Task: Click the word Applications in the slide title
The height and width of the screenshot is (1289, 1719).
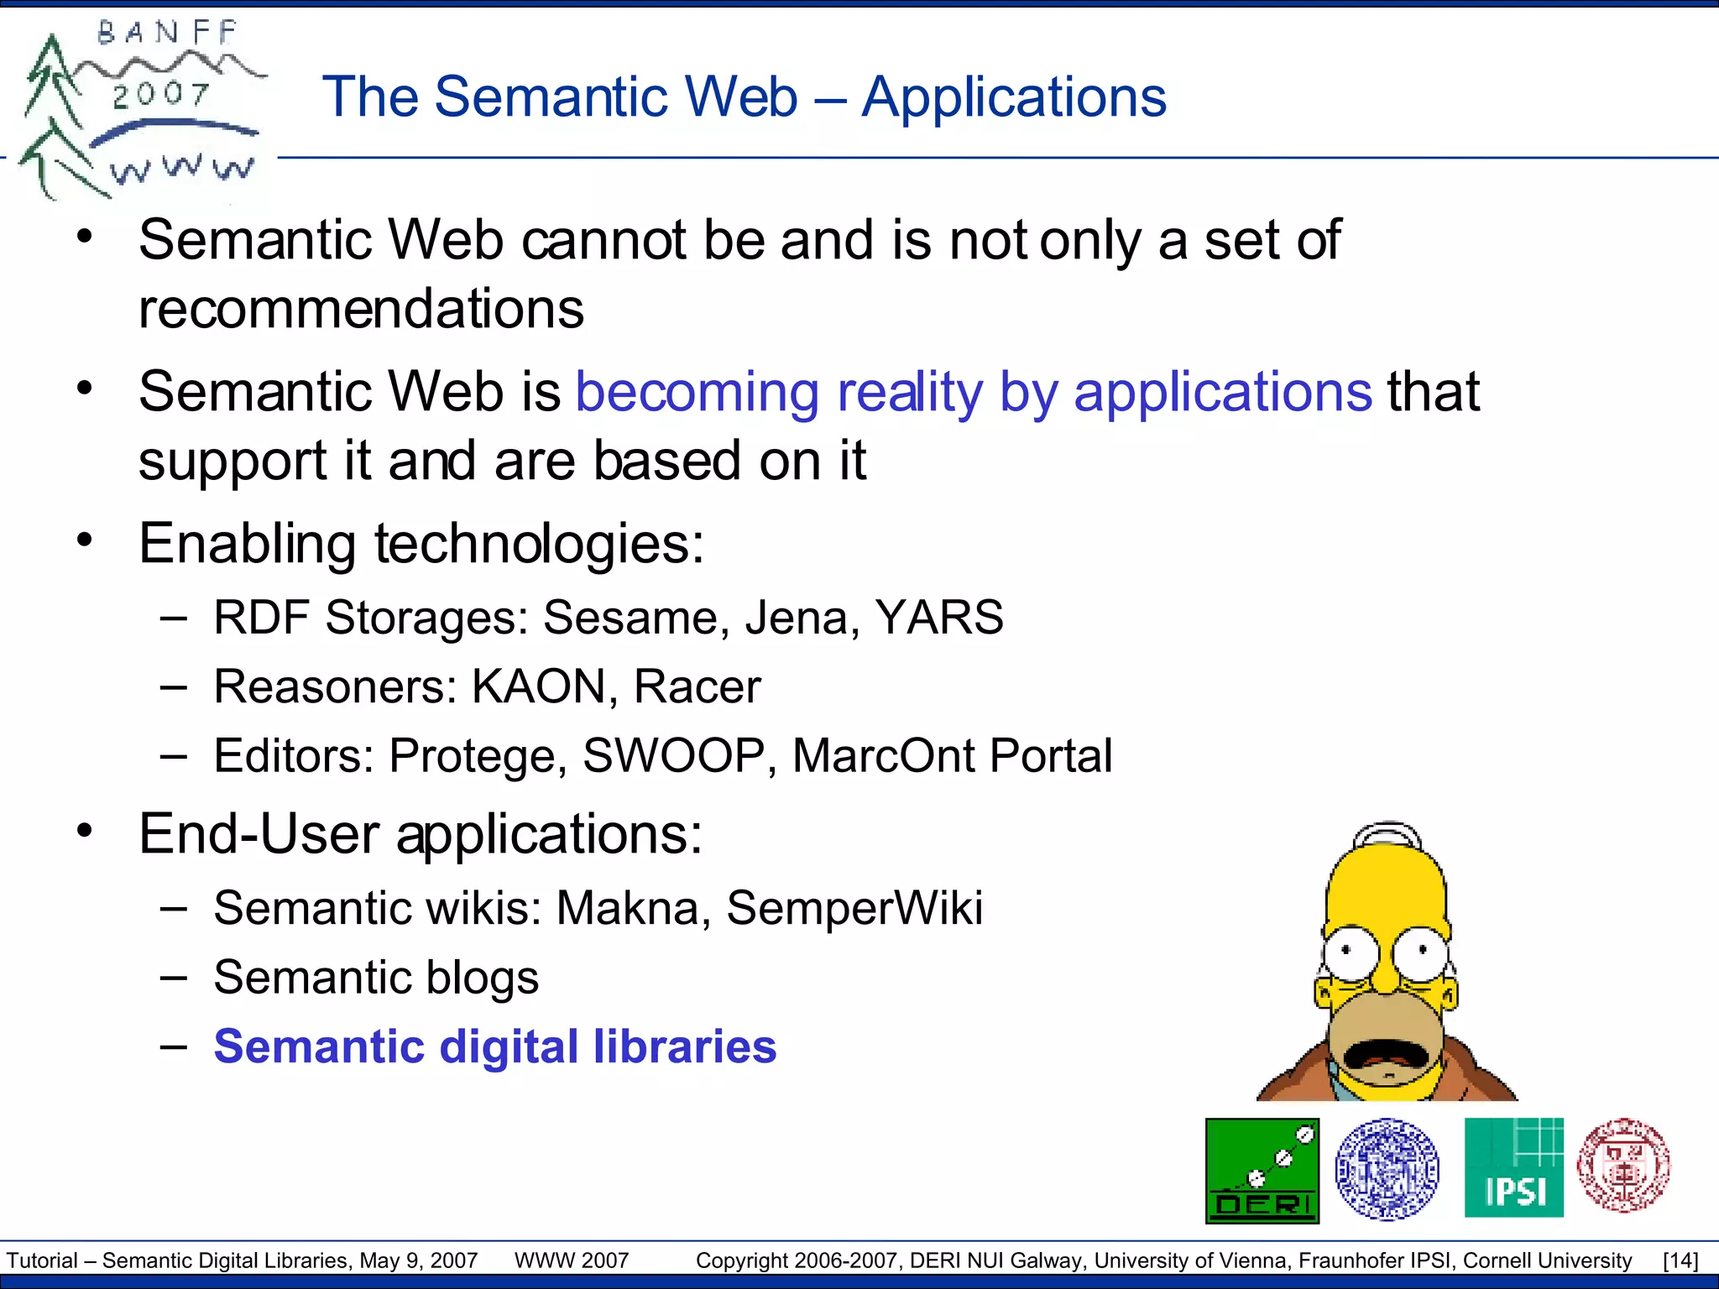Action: (x=1013, y=98)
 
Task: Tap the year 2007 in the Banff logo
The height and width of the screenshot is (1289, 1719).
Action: (x=161, y=94)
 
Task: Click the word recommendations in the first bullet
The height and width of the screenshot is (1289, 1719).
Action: (x=361, y=309)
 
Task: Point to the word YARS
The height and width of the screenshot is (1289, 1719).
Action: (x=938, y=618)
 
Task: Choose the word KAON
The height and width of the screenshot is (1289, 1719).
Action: (x=537, y=686)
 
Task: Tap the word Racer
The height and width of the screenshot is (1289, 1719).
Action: (x=697, y=686)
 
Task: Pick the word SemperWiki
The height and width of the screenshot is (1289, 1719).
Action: (x=854, y=908)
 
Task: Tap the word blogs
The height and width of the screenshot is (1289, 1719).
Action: (x=482, y=978)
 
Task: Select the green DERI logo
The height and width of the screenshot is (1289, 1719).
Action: (x=1262, y=1171)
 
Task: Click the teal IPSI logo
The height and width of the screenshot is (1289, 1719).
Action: (x=1513, y=1167)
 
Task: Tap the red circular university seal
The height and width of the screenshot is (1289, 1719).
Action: (x=1623, y=1165)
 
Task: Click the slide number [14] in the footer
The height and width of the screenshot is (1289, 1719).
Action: (x=1680, y=1260)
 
